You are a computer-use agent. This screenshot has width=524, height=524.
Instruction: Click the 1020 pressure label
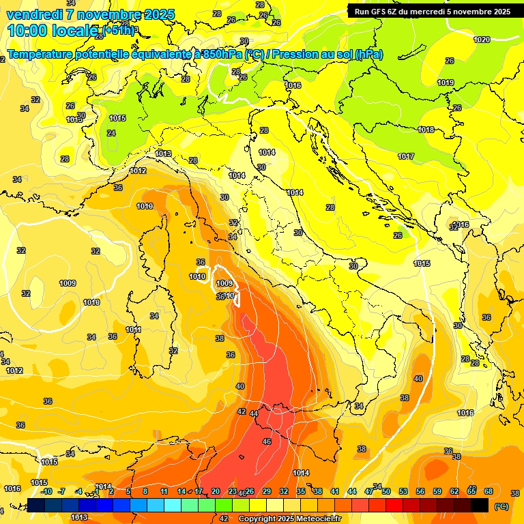pyautogui.click(x=482, y=40)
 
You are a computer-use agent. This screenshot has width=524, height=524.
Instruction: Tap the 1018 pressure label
pyautogui.click(x=426, y=130)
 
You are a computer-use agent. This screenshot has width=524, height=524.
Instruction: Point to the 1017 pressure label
pyautogui.click(x=406, y=156)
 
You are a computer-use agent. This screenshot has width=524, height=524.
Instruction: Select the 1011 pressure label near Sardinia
pyautogui.click(x=134, y=330)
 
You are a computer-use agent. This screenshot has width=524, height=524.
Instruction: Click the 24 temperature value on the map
pyautogui.click(x=111, y=133)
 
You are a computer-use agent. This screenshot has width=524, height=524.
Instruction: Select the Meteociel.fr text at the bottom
pyautogui.click(x=317, y=519)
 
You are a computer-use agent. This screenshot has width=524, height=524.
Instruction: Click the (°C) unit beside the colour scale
pyautogui.click(x=501, y=506)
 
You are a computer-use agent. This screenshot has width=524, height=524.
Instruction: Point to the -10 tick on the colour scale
pyautogui.click(x=46, y=491)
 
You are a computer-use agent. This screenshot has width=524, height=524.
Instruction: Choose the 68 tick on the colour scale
pyautogui.click(x=489, y=491)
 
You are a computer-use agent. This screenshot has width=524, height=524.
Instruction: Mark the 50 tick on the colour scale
pyautogui.click(x=386, y=491)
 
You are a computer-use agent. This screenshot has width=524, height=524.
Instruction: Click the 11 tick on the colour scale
pyautogui.click(x=164, y=491)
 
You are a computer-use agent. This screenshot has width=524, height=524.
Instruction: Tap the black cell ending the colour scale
pyautogui.click(x=480, y=505)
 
